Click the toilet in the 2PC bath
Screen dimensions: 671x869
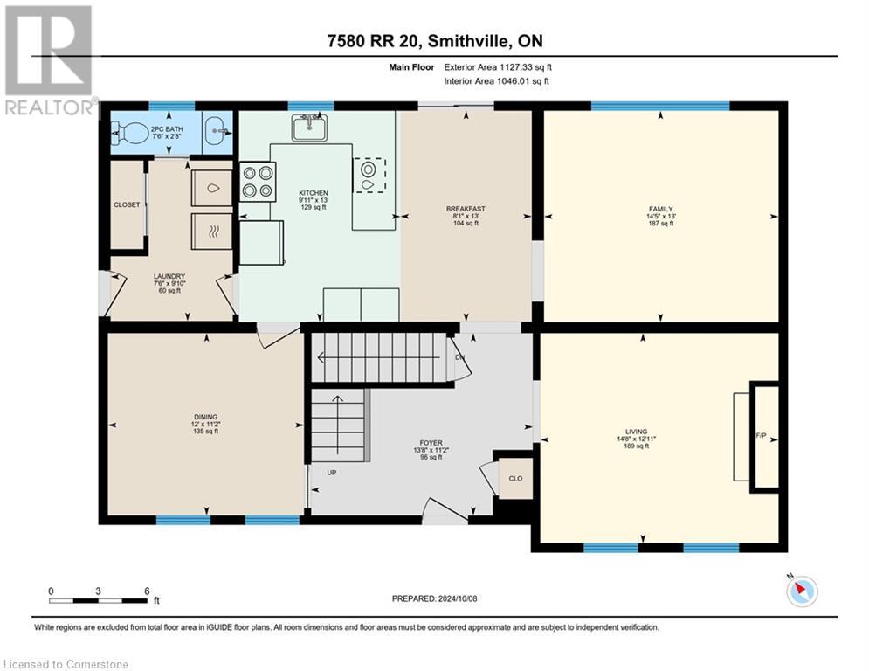click(x=132, y=135)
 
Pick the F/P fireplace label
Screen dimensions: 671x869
click(x=760, y=434)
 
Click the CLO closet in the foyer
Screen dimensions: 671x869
click(x=515, y=479)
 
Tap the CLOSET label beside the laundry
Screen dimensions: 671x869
click(x=127, y=204)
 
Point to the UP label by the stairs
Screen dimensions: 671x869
click(x=332, y=472)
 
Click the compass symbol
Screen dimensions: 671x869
click(x=801, y=591)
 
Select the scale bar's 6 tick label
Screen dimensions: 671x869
click(x=147, y=591)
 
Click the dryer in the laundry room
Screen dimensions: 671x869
click(x=212, y=230)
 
